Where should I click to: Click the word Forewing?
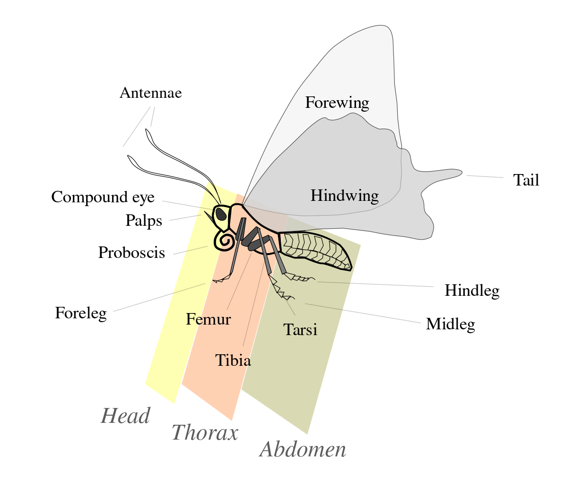pyautogui.click(x=337, y=103)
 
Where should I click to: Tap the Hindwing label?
pyautogui.click(x=344, y=196)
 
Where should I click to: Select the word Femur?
pyautogui.click(x=208, y=319)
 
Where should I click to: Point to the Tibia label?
pyautogui.click(x=233, y=360)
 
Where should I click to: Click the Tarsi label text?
pyautogui.click(x=300, y=330)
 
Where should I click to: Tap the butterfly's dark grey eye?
pyautogui.click(x=221, y=214)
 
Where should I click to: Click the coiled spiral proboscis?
pyautogui.click(x=224, y=240)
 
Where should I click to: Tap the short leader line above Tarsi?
pyautogui.click(x=290, y=307)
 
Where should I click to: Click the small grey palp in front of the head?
pyautogui.click(x=210, y=218)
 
